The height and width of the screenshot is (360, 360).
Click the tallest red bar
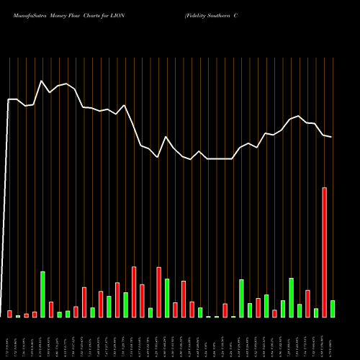[324, 252]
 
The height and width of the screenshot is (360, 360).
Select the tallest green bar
[42, 294]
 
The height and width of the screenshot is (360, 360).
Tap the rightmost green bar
[333, 308]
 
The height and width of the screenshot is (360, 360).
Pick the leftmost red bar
[9, 313]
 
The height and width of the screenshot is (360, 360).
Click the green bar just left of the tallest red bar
[316, 312]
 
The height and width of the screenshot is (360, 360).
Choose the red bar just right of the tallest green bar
[51, 309]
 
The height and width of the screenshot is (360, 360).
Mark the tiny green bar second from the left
[18, 315]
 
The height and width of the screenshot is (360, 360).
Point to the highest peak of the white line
[42, 81]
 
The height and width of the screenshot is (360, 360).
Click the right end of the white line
[331, 137]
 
